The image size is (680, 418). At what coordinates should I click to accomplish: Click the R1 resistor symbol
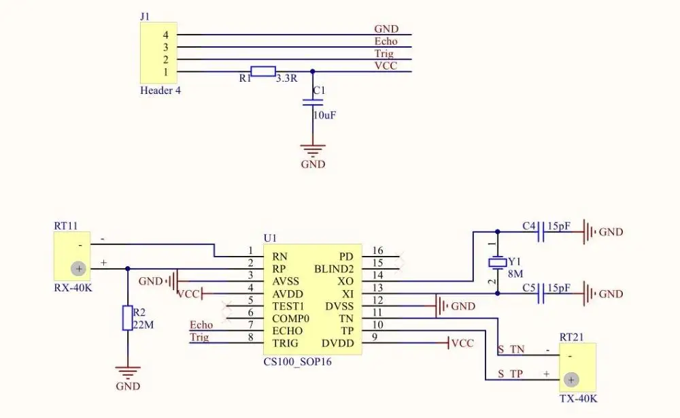[262, 71]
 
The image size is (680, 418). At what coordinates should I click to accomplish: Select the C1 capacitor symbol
[313, 102]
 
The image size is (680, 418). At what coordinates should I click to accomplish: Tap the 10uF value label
[325, 116]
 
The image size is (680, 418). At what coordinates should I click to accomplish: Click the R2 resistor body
[128, 318]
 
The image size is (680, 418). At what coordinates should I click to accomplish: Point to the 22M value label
[143, 325]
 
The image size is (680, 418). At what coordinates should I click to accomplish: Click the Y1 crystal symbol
[498, 263]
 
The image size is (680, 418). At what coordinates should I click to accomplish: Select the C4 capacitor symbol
[541, 231]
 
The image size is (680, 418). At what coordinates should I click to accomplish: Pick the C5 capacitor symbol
[541, 294]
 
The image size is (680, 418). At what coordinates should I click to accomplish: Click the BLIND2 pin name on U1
[334, 269]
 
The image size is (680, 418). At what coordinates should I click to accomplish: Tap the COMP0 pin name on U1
[290, 319]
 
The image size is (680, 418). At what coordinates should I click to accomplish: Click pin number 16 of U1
[377, 251]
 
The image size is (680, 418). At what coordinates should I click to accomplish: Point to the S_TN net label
[511, 349]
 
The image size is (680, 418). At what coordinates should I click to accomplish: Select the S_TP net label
[511, 374]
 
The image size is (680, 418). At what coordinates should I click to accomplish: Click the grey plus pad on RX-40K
[78, 269]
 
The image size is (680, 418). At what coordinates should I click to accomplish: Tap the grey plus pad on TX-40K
[571, 381]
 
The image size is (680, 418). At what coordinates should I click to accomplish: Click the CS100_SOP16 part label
[298, 361]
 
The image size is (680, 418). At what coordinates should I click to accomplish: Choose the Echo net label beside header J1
[386, 42]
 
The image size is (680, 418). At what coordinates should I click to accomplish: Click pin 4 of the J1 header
[166, 35]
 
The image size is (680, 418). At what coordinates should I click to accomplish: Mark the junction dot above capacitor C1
[313, 71]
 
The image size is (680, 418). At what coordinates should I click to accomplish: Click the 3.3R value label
[287, 78]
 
